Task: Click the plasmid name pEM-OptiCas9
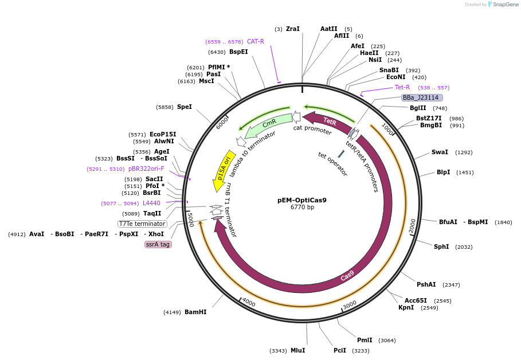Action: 301,200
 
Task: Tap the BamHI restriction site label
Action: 195,312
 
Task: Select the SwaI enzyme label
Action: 440,152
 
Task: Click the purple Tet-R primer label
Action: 402,88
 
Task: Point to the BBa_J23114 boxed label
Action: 421,98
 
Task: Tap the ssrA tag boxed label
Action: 158,244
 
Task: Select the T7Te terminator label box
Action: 142,224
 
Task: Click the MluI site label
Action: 297,350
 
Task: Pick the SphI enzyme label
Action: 441,246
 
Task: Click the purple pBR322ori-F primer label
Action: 146,169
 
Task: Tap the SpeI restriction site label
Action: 184,107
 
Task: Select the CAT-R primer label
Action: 256,41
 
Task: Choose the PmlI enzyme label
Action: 365,340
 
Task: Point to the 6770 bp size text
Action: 302,208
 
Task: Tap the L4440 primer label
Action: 151,203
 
